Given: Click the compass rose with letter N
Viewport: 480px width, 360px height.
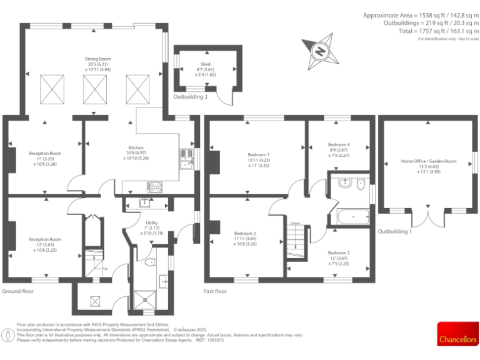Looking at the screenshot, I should (x=320, y=52).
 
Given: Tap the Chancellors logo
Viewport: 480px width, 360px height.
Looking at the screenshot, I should (x=457, y=333).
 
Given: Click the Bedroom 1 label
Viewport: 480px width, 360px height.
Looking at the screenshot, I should (x=258, y=154).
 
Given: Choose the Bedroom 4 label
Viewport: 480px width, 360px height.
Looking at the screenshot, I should (x=339, y=144).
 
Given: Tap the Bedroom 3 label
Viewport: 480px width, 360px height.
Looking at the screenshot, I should (x=339, y=252).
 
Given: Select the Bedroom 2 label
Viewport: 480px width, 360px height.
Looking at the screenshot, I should (x=245, y=233).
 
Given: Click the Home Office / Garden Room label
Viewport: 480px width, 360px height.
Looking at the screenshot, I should (x=428, y=161).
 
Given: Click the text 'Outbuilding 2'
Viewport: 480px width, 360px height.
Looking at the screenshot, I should (x=191, y=97).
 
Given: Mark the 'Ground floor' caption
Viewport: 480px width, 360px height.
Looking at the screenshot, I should (x=18, y=291).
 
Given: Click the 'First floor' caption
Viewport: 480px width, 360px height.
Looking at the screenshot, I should (x=215, y=291).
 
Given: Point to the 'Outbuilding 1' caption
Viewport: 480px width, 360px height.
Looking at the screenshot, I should (x=395, y=231).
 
